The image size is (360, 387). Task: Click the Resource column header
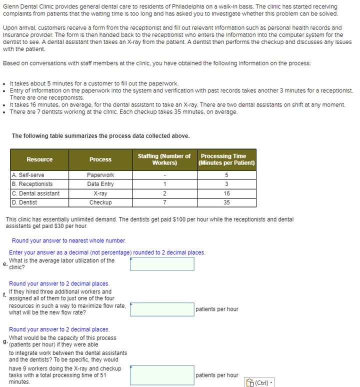pos(39,159)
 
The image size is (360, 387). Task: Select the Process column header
pos(100,159)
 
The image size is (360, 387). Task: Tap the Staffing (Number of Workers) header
pos(164,159)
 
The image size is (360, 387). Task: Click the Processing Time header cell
pos(226,159)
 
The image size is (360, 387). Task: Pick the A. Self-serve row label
pos(28,175)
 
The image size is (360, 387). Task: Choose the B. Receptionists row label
pos(32,184)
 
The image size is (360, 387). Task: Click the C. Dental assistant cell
pos(35,193)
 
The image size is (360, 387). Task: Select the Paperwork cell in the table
pos(100,175)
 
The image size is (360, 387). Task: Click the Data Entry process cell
pos(100,184)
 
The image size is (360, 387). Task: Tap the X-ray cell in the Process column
pos(100,193)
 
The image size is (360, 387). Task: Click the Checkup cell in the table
pos(100,202)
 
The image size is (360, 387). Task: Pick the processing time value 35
pos(226,202)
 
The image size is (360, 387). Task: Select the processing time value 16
pos(226,193)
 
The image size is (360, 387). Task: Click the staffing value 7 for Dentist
pos(164,202)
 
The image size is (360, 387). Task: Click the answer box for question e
pos(162,264)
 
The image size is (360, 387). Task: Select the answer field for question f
pos(162,309)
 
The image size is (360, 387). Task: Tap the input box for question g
pos(162,375)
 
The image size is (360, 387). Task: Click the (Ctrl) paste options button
pos(259,382)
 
